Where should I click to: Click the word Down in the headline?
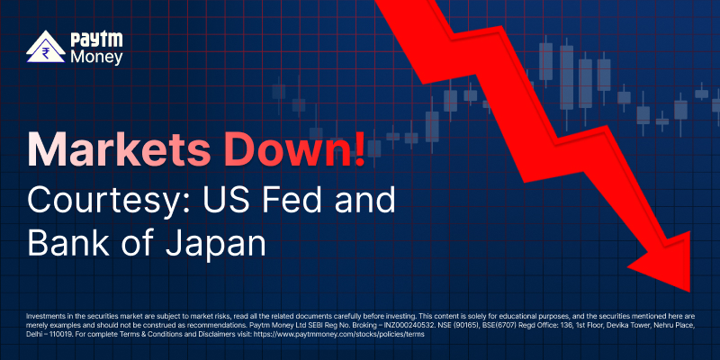coord(283,150)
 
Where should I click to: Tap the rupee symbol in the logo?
coord(46,50)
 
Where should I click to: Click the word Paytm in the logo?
coord(96,40)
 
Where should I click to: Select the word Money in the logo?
coord(96,58)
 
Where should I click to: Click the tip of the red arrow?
coord(690,292)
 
